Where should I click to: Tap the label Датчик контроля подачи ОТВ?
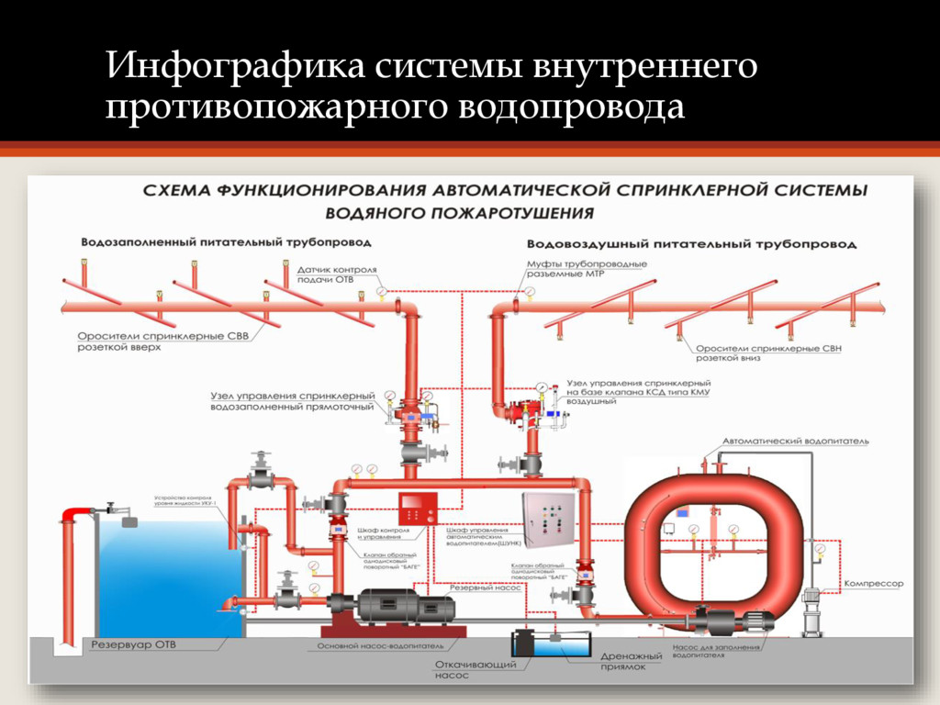337,274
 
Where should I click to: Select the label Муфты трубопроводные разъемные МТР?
586,269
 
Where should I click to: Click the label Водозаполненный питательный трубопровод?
226,243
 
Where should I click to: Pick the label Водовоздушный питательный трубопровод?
691,244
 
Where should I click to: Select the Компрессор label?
874,584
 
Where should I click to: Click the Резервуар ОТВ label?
132,645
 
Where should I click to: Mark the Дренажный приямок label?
631,662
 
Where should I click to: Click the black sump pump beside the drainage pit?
524,642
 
